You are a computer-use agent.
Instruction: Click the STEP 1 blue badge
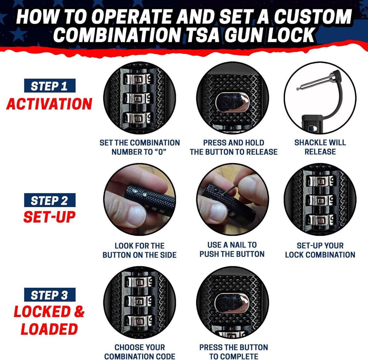click(49, 86)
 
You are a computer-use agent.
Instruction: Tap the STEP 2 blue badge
click(49, 200)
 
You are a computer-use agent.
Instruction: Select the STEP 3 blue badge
click(49, 295)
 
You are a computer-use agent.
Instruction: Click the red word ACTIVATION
click(49, 104)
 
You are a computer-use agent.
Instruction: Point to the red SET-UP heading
click(49, 217)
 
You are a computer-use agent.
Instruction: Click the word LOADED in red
click(49, 329)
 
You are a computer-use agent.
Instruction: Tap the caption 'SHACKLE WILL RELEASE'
click(320, 147)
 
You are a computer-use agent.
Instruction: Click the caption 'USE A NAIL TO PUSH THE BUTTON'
click(232, 249)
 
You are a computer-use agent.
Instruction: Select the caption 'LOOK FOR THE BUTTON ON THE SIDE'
click(139, 250)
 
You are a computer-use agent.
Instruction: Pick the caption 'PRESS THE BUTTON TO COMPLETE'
click(233, 352)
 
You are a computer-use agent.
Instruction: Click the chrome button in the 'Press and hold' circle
click(233, 103)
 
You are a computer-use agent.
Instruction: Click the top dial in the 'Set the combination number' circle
click(139, 80)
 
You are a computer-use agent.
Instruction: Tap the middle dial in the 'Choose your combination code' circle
click(139, 301)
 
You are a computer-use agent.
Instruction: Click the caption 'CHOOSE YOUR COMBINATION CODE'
click(139, 352)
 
